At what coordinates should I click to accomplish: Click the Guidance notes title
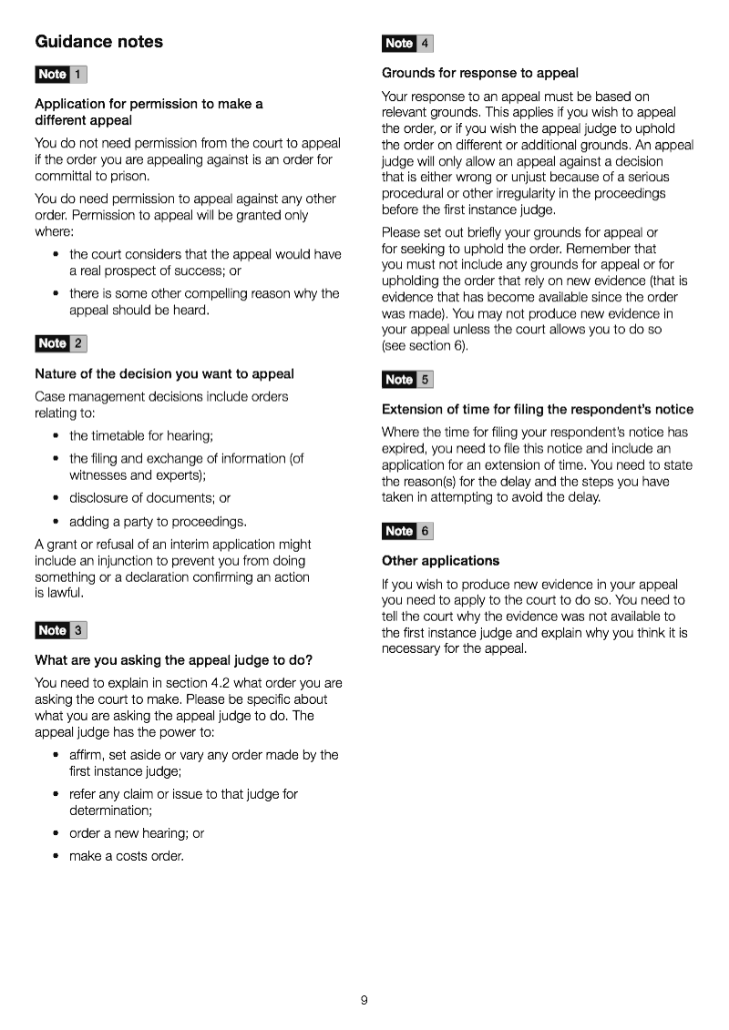pyautogui.click(x=98, y=42)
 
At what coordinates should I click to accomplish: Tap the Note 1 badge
pyautogui.click(x=61, y=75)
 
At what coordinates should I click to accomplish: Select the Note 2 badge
pyautogui.click(x=61, y=343)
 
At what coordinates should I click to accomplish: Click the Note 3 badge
pyautogui.click(x=61, y=630)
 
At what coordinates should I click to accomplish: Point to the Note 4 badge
pyautogui.click(x=407, y=43)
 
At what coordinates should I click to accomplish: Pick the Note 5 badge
pyautogui.click(x=407, y=380)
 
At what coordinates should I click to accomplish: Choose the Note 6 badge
pyautogui.click(x=407, y=531)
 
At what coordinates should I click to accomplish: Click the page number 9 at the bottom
pyautogui.click(x=364, y=1000)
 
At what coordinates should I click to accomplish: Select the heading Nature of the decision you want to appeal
pyautogui.click(x=164, y=373)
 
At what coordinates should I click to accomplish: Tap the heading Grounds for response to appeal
pyautogui.click(x=480, y=73)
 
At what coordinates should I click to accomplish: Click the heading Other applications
pyautogui.click(x=440, y=561)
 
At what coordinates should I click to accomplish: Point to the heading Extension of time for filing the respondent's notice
pyautogui.click(x=538, y=410)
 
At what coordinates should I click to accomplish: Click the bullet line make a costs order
pyautogui.click(x=126, y=856)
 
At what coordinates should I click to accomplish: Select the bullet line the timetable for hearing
pyautogui.click(x=140, y=436)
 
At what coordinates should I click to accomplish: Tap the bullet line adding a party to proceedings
pyautogui.click(x=158, y=522)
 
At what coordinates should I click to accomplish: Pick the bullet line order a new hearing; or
pyautogui.click(x=137, y=833)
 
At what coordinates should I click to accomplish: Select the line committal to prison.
pyautogui.click(x=91, y=177)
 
